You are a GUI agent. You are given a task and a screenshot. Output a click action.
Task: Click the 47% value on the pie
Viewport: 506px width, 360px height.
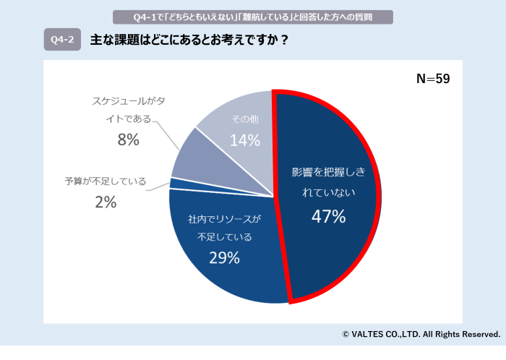328,215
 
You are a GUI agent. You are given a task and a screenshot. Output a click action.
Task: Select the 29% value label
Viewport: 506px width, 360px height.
224,257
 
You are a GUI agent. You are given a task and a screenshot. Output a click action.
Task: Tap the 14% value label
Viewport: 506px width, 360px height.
244,140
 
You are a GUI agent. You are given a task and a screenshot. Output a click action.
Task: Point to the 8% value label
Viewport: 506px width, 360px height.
128,140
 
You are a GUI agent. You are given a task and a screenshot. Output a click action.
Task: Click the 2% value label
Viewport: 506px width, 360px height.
106,202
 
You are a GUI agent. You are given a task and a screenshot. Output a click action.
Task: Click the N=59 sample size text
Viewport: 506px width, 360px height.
433,79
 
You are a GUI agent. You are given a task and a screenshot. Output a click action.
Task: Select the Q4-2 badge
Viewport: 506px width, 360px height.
62,40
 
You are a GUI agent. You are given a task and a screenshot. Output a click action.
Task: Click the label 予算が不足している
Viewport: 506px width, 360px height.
106,181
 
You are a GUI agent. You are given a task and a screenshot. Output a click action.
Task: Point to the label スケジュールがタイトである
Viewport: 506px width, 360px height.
128,108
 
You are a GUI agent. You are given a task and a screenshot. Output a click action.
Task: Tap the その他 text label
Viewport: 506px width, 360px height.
244,118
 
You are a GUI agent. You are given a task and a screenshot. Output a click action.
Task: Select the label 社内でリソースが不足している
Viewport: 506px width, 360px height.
224,227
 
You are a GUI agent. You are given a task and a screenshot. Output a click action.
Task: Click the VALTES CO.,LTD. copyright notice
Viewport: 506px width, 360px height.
421,334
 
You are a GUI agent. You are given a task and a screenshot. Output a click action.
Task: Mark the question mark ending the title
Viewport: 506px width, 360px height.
286,40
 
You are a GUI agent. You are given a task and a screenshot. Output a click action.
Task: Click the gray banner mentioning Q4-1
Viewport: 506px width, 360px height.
253,17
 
